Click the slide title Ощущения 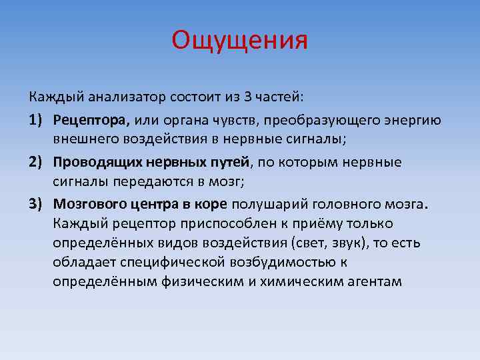coord(239,41)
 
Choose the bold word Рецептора coord(93,120)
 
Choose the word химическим coord(302,281)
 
